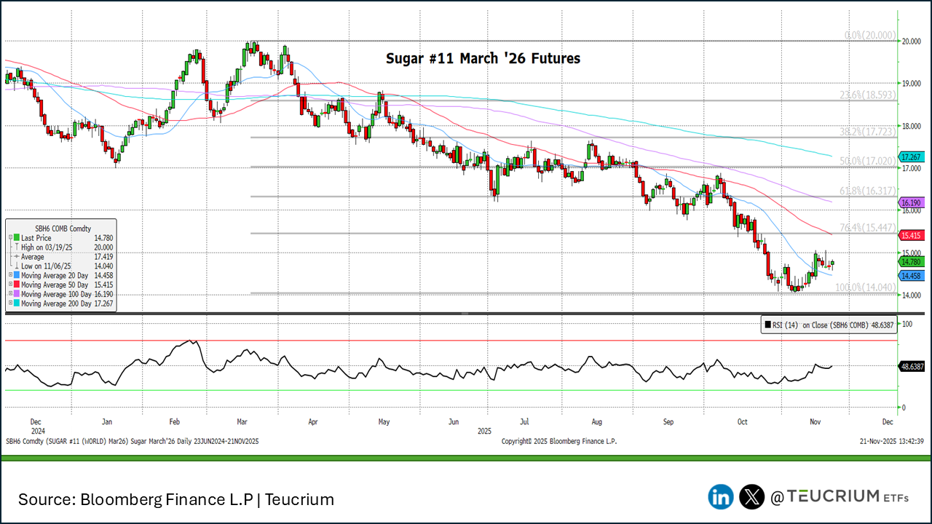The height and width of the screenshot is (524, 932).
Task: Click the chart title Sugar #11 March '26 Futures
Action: pos(483,58)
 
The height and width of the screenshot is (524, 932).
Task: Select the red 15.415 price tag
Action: pos(912,235)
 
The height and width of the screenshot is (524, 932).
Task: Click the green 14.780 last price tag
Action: pos(912,261)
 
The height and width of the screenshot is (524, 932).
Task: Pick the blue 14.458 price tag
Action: pos(912,276)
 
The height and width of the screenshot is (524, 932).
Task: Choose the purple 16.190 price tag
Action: pos(912,202)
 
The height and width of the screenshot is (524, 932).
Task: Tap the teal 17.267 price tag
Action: pos(912,156)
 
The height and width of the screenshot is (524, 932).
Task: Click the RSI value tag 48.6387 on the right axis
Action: pos(913,366)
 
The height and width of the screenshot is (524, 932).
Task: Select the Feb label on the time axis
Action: pos(174,421)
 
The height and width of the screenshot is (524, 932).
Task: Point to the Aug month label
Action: pos(597,421)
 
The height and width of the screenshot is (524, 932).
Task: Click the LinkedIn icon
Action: pos(721,497)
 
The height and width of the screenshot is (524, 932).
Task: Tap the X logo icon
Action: pos(751,497)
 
